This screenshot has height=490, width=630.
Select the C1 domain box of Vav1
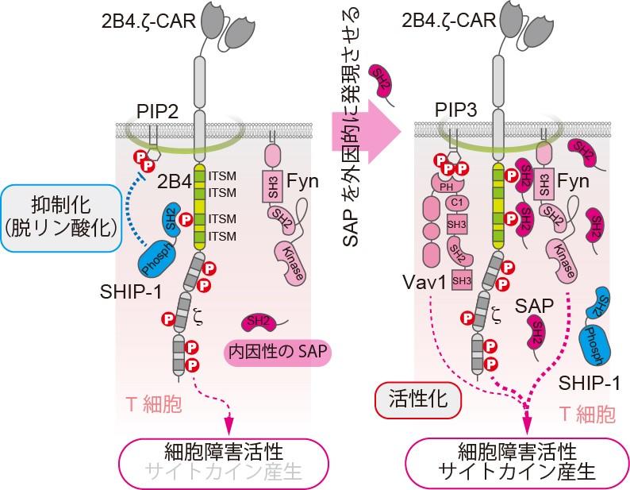[455, 203]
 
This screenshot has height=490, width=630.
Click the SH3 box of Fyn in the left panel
[271, 188]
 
